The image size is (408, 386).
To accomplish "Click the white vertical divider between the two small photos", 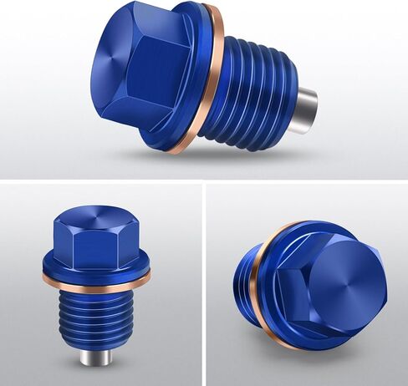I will [204, 284].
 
